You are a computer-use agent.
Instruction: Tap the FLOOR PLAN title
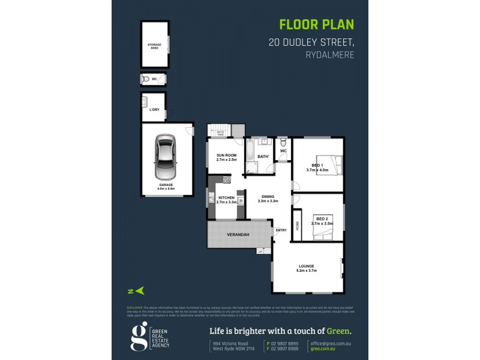click(x=317, y=25)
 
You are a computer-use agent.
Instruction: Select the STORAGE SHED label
click(x=155, y=46)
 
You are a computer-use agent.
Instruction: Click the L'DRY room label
click(x=154, y=110)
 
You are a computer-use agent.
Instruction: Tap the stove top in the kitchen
click(x=227, y=179)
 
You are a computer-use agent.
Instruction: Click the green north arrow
click(x=140, y=290)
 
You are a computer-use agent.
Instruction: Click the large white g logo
click(x=139, y=337)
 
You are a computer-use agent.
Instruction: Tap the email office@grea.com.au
click(x=331, y=343)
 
